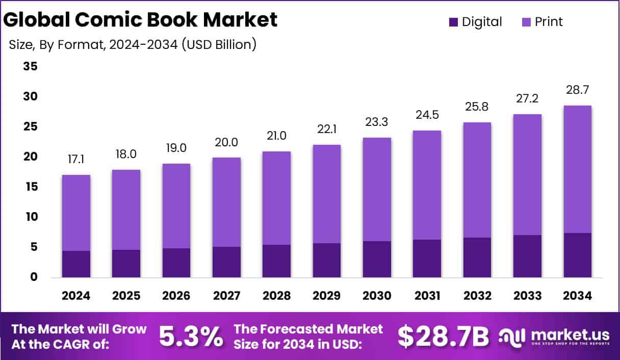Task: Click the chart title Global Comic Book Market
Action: [141, 19]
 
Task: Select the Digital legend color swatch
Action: [453, 22]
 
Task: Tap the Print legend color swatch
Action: [526, 22]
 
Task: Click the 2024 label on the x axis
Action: [76, 296]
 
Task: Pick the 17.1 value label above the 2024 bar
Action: [76, 160]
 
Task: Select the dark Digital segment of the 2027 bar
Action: [226, 262]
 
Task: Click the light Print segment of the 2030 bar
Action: [377, 189]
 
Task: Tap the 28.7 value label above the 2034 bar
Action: [578, 91]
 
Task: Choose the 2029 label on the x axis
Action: [327, 296]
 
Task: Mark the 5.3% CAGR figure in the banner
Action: [191, 336]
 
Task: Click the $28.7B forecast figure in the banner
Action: [443, 336]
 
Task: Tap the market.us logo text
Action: [570, 334]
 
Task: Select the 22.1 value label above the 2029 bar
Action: [327, 130]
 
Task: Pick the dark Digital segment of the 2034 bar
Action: [578, 255]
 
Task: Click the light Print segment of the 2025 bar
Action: [126, 210]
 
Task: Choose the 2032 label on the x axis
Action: [477, 296]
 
